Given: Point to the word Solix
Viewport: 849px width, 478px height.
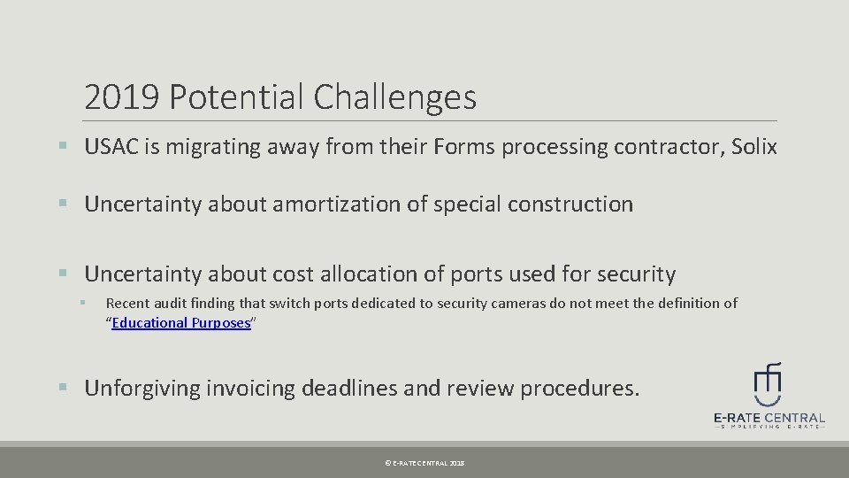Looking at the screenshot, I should point(753,147).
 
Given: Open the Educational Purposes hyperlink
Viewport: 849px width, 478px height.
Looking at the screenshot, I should point(181,322).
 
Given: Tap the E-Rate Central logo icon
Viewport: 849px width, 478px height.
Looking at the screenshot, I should point(768,382).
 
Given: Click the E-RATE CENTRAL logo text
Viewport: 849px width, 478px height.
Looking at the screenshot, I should point(769,418).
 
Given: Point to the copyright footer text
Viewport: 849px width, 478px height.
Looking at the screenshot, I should point(424,463).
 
